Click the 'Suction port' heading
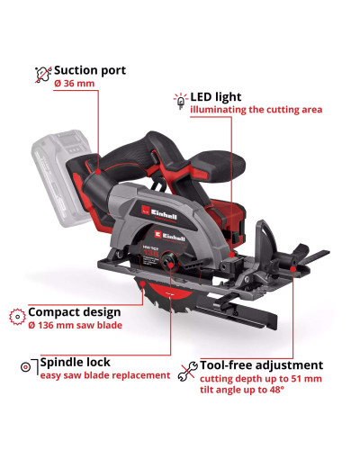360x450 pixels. click(90, 71)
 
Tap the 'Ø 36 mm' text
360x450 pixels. click(75, 84)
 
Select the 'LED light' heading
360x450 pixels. click(216, 97)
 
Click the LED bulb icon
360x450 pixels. click(181, 101)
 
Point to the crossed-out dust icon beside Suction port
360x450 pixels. click(43, 75)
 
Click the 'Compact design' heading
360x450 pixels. click(75, 312)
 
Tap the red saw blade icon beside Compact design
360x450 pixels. click(17, 317)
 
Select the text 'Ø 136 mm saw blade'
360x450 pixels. click(76, 325)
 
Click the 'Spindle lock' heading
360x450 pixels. click(76, 363)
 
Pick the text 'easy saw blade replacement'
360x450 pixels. click(105, 375)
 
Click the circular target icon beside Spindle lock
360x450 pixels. click(26, 366)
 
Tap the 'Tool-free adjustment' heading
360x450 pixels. click(262, 365)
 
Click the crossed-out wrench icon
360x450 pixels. click(188, 372)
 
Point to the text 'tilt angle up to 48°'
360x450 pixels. click(242, 390)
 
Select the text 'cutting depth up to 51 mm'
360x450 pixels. click(261, 379)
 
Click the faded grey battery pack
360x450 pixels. click(60, 177)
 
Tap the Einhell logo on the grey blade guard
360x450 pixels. click(159, 213)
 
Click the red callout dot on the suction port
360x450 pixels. click(98, 172)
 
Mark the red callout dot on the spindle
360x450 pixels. click(170, 265)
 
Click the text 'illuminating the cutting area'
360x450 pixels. click(256, 110)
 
